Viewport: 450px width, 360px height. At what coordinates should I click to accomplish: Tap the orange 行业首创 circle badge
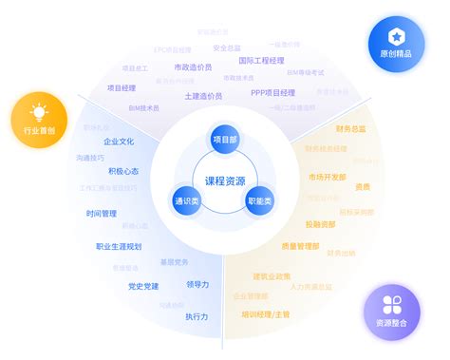point(40,122)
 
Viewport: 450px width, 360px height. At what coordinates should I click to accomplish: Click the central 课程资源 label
point(225,180)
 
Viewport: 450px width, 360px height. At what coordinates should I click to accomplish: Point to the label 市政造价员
point(195,67)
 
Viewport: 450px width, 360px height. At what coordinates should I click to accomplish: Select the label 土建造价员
point(204,96)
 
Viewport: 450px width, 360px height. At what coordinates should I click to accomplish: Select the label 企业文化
point(119,141)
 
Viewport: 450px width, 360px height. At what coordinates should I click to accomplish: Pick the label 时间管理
point(101,214)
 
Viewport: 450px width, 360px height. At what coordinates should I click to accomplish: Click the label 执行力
point(197,315)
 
